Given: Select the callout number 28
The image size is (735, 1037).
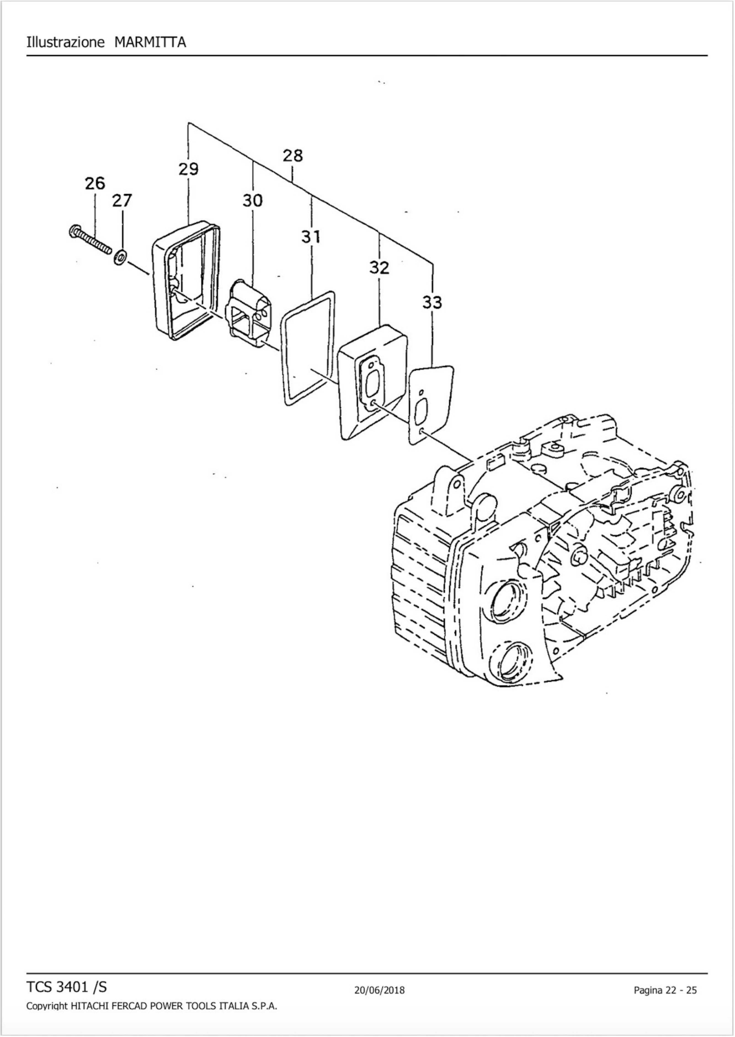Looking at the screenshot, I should click(293, 156).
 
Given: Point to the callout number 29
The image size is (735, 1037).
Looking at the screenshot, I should click(188, 169).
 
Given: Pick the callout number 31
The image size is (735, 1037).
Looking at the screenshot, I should click(311, 236).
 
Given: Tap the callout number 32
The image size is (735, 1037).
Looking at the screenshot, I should click(379, 268).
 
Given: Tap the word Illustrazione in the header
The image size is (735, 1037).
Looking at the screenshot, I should click(66, 43).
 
